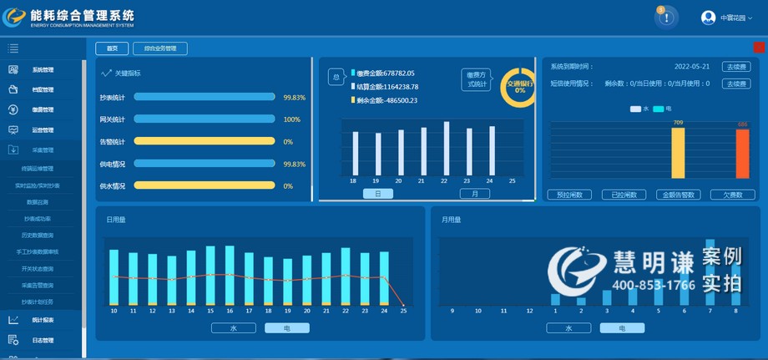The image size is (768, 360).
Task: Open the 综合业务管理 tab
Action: [x=160, y=48]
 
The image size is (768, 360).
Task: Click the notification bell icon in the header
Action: [x=665, y=18]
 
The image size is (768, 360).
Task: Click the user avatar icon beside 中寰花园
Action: [x=708, y=18]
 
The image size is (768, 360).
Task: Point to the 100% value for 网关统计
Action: [x=291, y=119]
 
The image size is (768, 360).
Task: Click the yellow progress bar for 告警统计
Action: [x=205, y=141]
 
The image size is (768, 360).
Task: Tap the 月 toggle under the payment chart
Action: [x=475, y=194]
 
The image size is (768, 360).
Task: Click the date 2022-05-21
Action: [x=692, y=67]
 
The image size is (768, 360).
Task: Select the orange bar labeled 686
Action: [x=742, y=154]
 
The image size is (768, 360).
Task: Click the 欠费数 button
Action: [x=732, y=195]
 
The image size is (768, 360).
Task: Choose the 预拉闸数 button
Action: [x=570, y=195]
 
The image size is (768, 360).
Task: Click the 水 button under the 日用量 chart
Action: [x=233, y=328]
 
